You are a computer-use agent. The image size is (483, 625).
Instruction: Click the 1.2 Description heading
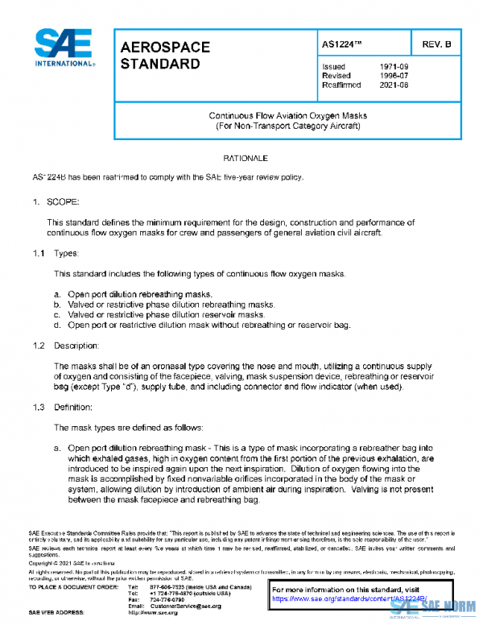[x=64, y=346]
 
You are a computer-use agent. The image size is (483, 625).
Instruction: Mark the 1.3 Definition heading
[x=63, y=407]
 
